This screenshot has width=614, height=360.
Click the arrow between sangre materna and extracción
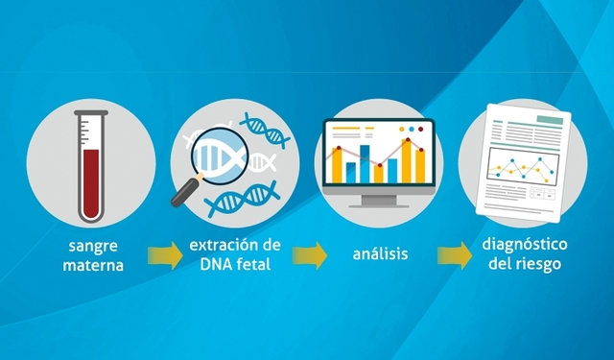[x=164, y=255]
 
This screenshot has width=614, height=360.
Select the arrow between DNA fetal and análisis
[x=311, y=255]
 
